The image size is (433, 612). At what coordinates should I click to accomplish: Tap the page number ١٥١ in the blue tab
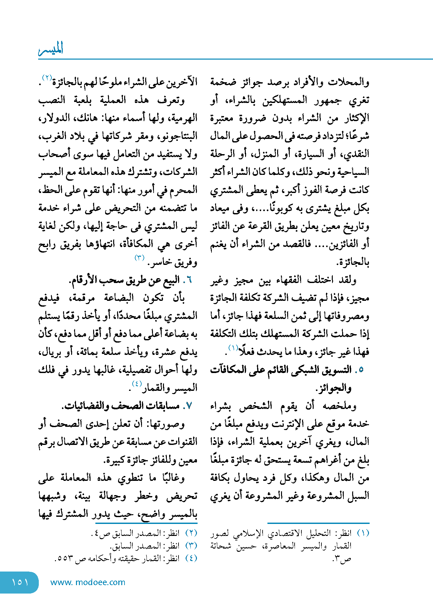tap(20, 582)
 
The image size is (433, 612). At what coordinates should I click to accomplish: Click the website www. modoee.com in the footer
tap(88, 582)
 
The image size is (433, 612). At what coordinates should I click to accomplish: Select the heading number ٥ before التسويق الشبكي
tap(361, 369)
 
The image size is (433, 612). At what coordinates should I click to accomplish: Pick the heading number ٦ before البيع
tap(189, 280)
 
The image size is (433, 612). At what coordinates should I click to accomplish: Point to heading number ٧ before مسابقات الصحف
tap(189, 406)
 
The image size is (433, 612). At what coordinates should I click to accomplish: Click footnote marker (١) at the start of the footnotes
tap(363, 533)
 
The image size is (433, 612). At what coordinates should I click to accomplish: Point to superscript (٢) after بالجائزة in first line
tap(47, 78)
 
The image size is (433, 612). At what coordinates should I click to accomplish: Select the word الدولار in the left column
tap(51, 118)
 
